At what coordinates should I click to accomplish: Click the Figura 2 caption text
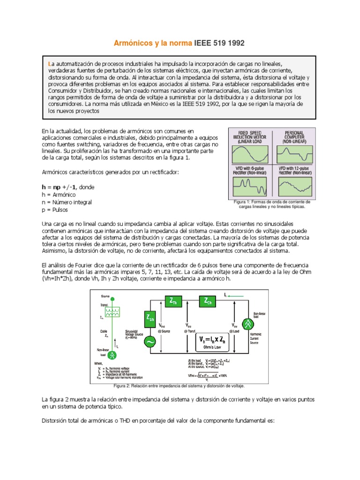pos(179,385)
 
